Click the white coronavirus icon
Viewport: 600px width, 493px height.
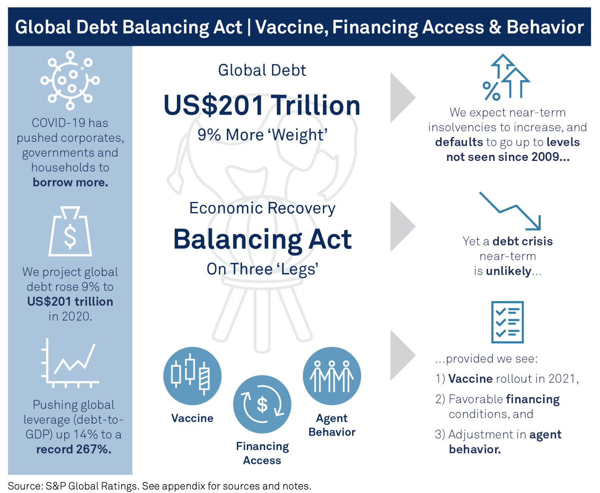pos(70,80)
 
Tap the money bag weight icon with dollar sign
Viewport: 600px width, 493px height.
pos(70,231)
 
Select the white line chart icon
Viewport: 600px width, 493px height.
pos(70,363)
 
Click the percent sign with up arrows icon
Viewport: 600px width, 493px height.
pos(506,77)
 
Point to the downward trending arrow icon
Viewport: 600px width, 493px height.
pos(510,211)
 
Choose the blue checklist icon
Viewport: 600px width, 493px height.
pos(507,322)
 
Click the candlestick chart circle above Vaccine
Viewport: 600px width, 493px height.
pos(192,376)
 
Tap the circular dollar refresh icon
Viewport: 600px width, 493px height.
pos(262,404)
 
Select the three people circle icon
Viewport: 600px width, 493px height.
pos(332,376)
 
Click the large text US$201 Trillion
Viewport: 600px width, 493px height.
pos(262,105)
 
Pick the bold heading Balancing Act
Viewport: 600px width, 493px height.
pos(262,240)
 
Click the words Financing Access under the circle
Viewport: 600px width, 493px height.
pos(262,453)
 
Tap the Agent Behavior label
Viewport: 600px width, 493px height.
pos(332,425)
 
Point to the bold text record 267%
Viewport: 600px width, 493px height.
pos(74,449)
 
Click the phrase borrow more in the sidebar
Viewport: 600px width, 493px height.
pos(70,182)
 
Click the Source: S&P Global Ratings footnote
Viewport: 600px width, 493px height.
pos(159,486)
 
